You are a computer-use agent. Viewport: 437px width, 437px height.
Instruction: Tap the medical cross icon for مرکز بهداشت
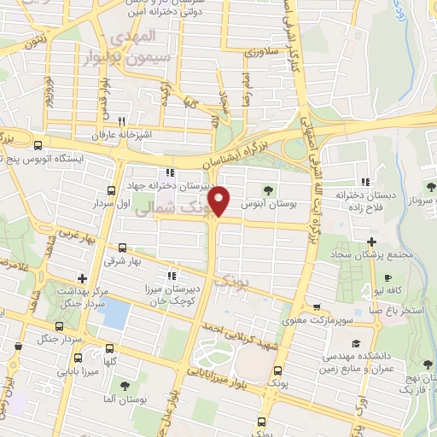(x=82, y=277)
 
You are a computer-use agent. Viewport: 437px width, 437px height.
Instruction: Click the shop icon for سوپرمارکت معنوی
(x=318, y=307)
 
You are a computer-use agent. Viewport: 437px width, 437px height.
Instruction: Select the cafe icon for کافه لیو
(x=388, y=278)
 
